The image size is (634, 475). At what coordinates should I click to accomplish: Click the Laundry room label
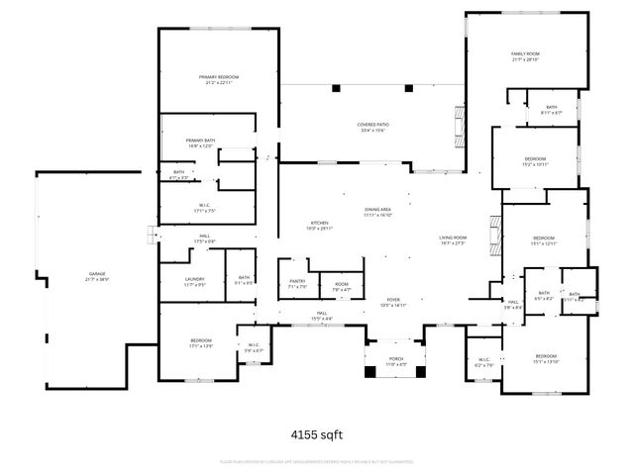[194, 282]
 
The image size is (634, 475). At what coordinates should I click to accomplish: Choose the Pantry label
[297, 283]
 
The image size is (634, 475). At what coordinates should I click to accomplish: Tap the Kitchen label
[319, 225]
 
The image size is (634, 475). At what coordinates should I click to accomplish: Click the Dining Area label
[377, 212]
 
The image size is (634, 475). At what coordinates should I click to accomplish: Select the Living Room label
[453, 239]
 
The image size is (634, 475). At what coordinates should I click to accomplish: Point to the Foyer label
[393, 302]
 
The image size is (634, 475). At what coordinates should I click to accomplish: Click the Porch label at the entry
[395, 362]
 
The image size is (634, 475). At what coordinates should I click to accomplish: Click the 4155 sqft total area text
[316, 433]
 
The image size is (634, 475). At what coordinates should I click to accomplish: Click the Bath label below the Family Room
[551, 110]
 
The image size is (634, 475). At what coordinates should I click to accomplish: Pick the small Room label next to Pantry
[341, 287]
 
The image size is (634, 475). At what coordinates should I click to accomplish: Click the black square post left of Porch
[370, 372]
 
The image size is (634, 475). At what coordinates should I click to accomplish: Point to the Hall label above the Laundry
[203, 237]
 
